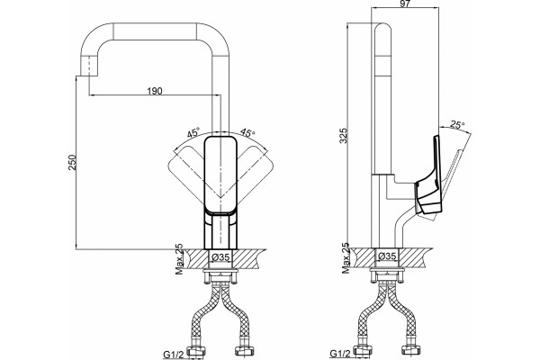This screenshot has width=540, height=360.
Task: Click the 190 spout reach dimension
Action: [155, 91]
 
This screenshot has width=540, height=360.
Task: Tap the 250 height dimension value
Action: [72, 162]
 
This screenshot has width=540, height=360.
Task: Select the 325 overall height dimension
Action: [344, 136]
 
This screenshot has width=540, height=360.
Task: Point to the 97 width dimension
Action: [406, 4]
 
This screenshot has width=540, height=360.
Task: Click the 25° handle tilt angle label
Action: [457, 124]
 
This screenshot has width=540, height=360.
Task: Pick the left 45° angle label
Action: [193, 132]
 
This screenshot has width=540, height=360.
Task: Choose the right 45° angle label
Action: [247, 132]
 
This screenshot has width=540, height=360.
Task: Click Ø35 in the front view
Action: [220, 256]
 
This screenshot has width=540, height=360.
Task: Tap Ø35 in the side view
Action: [387, 256]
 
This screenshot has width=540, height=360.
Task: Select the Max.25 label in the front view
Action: [179, 259]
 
